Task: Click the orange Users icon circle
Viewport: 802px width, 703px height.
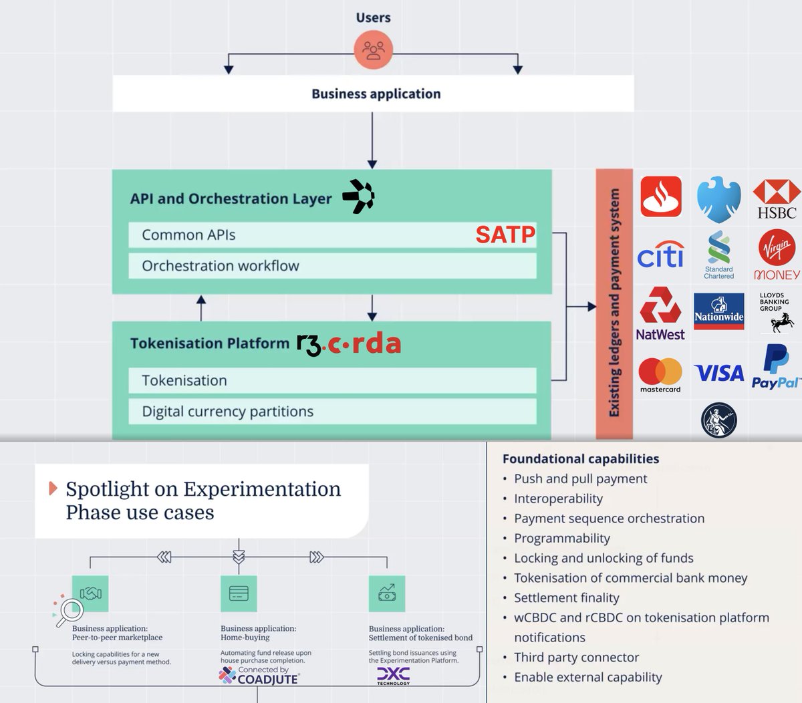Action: point(373,50)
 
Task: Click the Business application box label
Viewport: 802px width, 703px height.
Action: point(376,94)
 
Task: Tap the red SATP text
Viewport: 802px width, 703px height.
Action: point(505,235)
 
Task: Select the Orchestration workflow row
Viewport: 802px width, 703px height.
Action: point(332,266)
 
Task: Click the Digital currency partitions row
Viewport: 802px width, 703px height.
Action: point(332,412)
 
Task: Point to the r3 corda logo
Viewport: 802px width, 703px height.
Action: point(349,344)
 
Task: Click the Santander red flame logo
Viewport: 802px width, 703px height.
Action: point(661,196)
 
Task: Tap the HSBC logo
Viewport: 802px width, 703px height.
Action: point(777,200)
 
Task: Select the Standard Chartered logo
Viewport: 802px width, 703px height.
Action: point(718,255)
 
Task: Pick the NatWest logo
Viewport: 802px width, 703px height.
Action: point(660,314)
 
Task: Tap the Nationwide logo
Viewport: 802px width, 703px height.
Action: point(718,311)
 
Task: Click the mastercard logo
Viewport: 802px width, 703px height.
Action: point(660,375)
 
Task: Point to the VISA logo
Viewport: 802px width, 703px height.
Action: point(718,373)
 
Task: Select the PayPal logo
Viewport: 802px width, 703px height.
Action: point(775,367)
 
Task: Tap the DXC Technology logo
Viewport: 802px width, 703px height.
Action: point(393,676)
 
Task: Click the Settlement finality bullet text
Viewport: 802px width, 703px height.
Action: point(566,598)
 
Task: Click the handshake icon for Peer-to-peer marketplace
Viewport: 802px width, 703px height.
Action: point(90,593)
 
